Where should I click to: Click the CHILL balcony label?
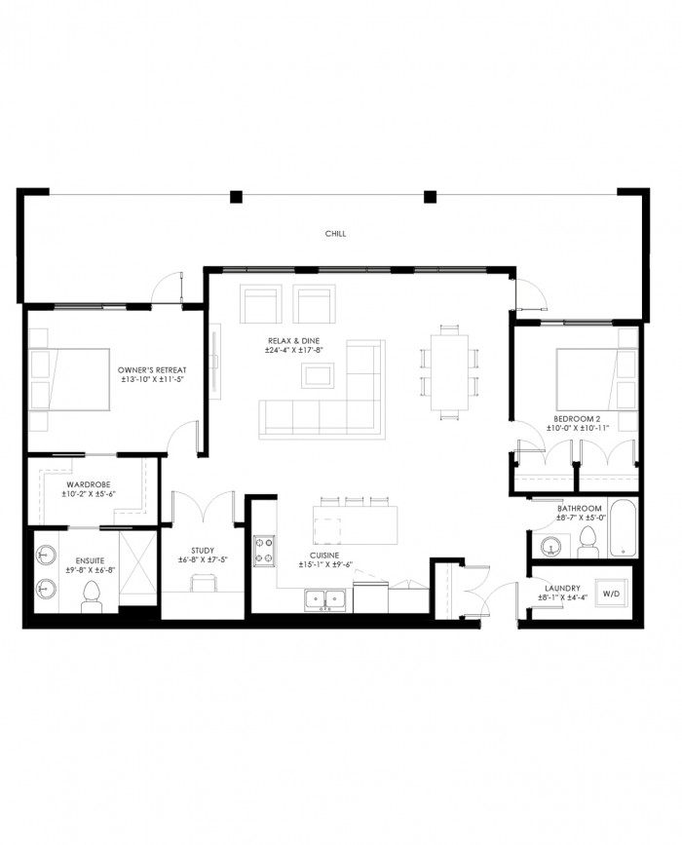[x=335, y=234]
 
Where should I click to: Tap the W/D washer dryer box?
[x=611, y=594]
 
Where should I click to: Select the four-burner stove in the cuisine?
[x=264, y=551]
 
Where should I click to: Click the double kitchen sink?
[x=325, y=599]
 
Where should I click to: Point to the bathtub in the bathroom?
[x=623, y=527]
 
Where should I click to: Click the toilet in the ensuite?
[x=92, y=596]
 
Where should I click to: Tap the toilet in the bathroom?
[x=587, y=542]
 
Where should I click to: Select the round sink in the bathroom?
[x=551, y=547]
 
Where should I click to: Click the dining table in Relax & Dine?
[x=449, y=372]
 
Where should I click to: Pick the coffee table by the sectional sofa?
[x=318, y=375]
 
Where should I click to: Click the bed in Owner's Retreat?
[x=70, y=379]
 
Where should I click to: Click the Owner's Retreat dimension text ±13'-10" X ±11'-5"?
[x=152, y=379]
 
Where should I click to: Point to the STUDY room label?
[x=203, y=551]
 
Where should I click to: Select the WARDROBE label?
[x=89, y=485]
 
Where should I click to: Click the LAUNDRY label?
[x=562, y=589]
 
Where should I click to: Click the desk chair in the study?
[x=203, y=583]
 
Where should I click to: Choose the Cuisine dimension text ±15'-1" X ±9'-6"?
[x=325, y=564]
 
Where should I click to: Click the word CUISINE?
[x=324, y=556]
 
